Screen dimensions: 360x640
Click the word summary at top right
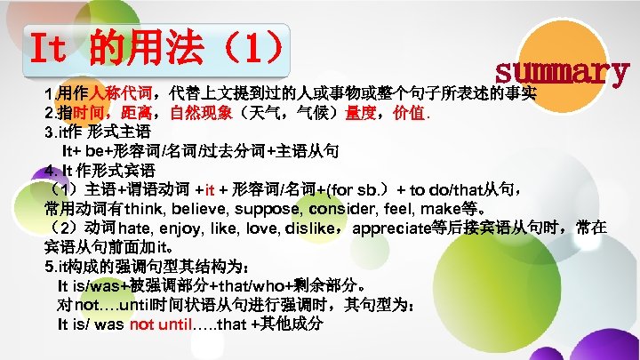563,70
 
